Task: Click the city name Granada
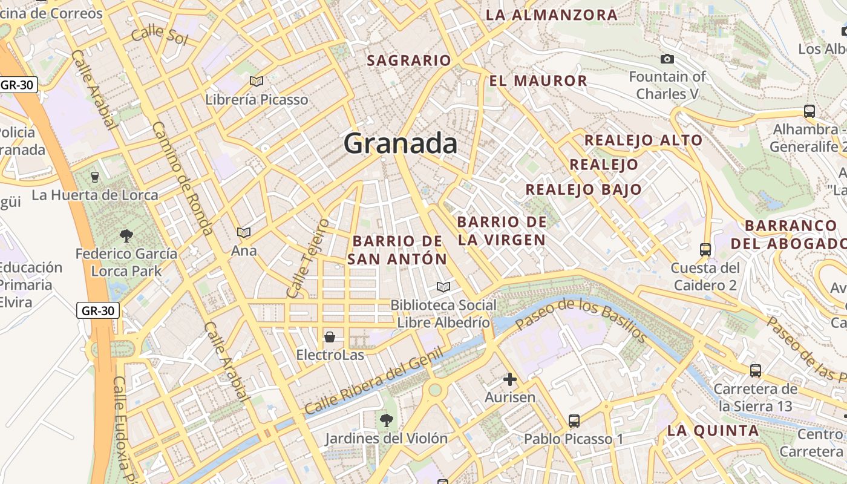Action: coord(401,144)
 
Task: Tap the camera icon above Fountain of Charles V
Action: coord(667,59)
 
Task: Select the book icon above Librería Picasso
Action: coord(257,81)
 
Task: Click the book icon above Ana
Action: coord(244,232)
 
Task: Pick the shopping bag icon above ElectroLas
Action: coord(330,337)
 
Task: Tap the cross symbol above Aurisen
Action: coord(510,379)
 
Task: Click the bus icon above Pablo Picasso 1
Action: coord(574,420)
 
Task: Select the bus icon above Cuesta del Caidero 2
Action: coord(705,249)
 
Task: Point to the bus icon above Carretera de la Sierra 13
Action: coord(755,371)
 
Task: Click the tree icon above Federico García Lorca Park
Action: coord(126,235)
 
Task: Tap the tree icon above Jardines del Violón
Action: coord(385,419)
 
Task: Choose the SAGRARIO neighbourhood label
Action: coord(409,60)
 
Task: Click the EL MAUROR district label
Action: coord(538,81)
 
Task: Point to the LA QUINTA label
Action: coord(713,431)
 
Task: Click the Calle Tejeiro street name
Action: coord(307,258)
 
